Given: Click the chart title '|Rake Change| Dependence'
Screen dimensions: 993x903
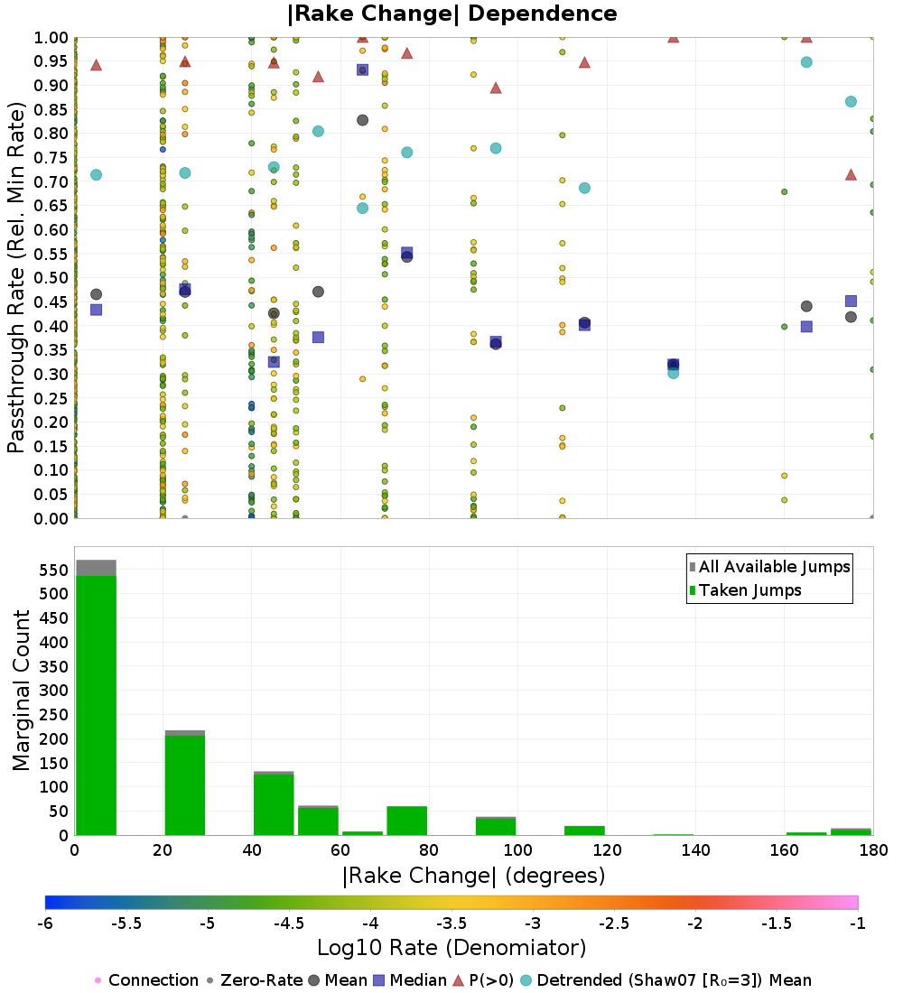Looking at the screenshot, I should click(451, 14).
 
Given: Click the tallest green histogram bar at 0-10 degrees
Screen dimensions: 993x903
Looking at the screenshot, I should click(96, 704).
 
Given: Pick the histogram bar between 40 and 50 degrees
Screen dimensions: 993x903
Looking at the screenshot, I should click(274, 803).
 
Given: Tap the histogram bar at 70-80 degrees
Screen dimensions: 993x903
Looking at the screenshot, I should click(406, 821).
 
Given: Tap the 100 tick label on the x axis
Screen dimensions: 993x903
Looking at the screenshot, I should click(517, 850).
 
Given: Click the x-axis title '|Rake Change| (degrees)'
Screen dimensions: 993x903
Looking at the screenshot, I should click(473, 876).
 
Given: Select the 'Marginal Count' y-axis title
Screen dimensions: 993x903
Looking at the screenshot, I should click(22, 691).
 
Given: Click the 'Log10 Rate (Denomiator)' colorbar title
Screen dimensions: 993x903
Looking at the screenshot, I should click(451, 948).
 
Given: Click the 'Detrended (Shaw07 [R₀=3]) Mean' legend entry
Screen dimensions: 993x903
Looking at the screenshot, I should click(674, 980).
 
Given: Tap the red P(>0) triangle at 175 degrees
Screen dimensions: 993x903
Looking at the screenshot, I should click(851, 174).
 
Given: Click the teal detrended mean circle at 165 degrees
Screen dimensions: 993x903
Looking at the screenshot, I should click(806, 62).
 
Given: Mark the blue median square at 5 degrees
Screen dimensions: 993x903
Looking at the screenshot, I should click(96, 310).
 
